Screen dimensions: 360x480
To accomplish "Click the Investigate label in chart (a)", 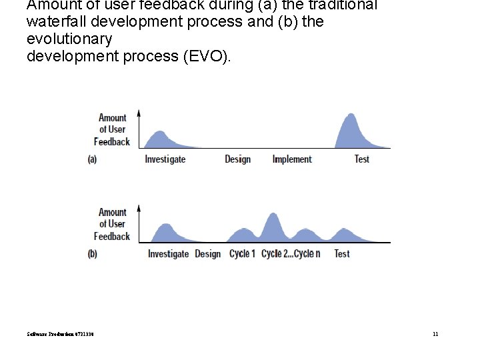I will click(165, 159).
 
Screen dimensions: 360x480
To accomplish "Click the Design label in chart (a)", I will click(237, 159).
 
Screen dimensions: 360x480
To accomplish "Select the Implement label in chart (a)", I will click(292, 159).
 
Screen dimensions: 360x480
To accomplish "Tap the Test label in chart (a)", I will click(361, 159).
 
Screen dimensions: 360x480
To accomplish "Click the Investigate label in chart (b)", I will click(168, 254).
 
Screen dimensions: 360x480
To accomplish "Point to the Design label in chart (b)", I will click(207, 254).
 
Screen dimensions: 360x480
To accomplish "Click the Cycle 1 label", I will click(242, 254).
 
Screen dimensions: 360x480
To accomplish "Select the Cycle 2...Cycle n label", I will click(291, 254).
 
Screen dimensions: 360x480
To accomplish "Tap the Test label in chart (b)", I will click(341, 254).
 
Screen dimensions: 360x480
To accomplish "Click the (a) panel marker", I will click(92, 159).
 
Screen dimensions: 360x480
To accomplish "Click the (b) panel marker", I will click(92, 254).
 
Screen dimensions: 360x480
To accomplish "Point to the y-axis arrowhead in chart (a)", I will click(139, 113).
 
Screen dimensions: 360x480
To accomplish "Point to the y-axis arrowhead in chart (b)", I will click(139, 207).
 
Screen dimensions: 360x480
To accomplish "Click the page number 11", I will click(435, 334).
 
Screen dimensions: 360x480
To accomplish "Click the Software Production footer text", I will click(60, 334).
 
